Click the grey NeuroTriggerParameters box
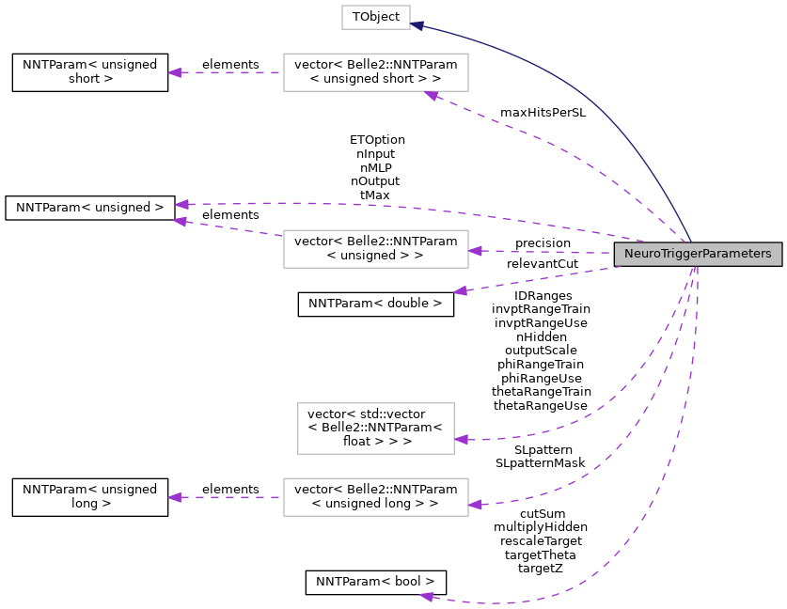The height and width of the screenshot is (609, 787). [698, 254]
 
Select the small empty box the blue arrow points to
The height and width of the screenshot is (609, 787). [376, 17]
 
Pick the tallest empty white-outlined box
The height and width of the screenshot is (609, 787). [376, 429]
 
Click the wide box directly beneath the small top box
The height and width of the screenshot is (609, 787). [376, 72]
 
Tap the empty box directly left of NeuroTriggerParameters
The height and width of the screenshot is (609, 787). [376, 249]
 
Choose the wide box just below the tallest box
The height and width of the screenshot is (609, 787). [376, 497]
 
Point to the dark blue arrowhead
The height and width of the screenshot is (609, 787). [417, 25]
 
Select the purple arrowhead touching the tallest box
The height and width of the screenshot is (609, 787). [461, 439]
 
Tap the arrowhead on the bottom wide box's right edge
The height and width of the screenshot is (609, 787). [475, 505]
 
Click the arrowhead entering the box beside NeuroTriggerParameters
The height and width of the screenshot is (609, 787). [475, 251]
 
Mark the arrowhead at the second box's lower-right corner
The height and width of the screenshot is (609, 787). [431, 95]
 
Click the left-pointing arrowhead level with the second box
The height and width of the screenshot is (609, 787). [174, 72]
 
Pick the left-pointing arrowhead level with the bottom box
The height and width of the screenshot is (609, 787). [174, 497]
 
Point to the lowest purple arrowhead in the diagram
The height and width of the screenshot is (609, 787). [426, 596]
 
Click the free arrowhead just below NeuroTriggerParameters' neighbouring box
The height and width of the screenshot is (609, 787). [460, 291]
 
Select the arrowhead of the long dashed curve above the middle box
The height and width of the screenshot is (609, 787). [181, 204]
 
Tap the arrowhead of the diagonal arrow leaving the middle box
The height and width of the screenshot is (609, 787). [180, 222]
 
